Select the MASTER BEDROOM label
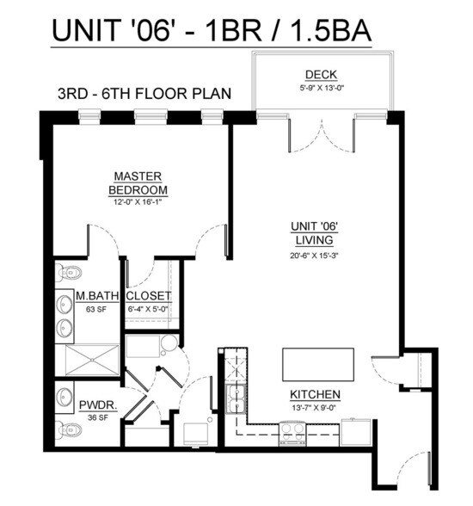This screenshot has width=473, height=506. click(138, 182)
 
